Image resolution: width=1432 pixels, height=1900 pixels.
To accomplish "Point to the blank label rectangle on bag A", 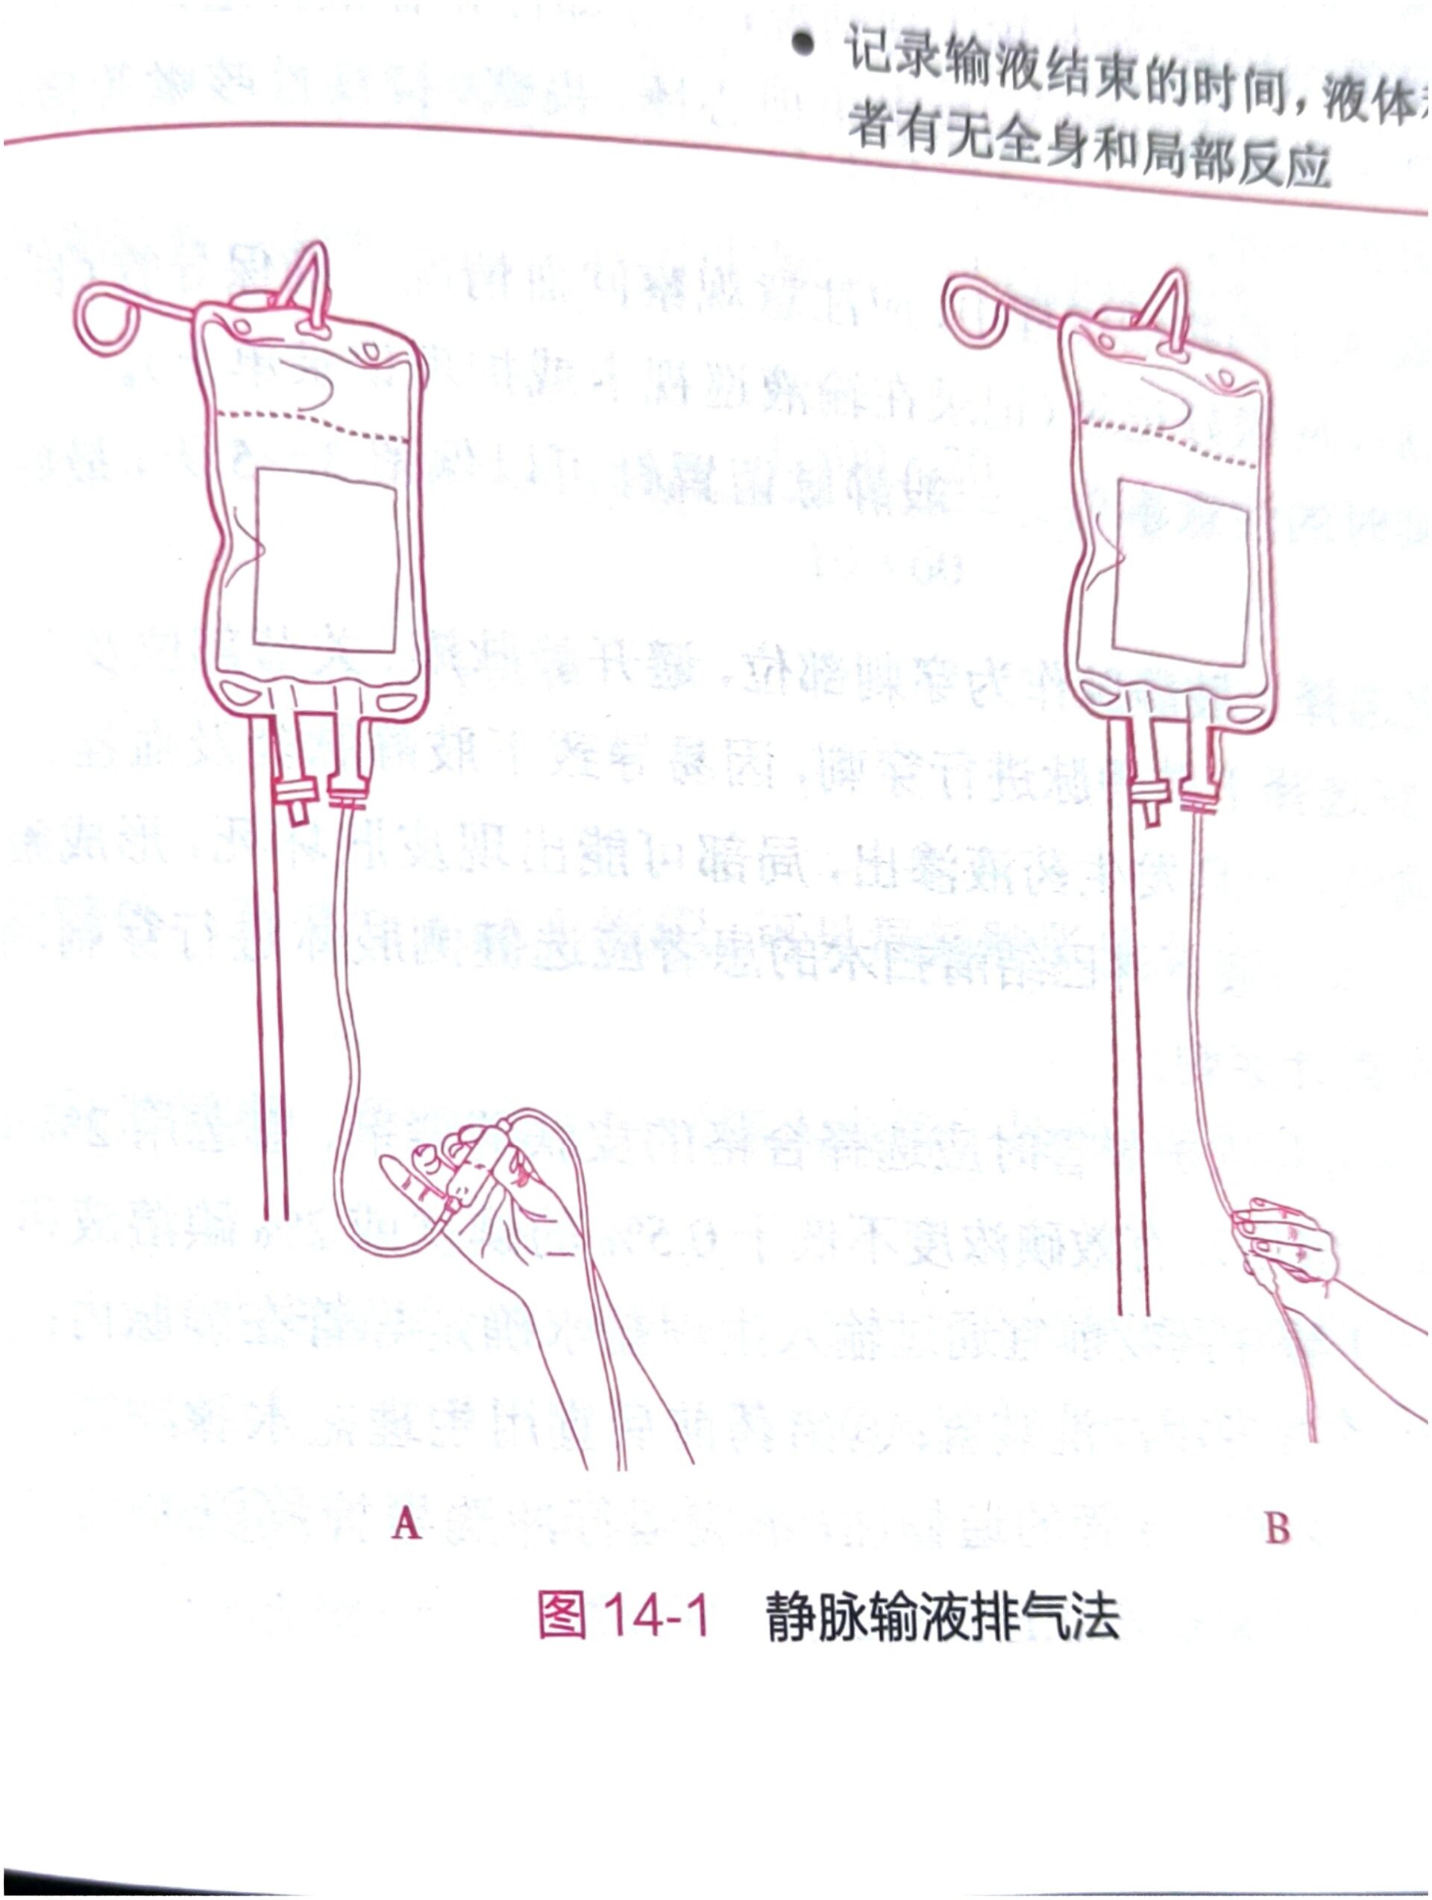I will (327, 559).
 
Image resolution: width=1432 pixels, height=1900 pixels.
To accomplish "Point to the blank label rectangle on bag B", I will (1182, 572).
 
